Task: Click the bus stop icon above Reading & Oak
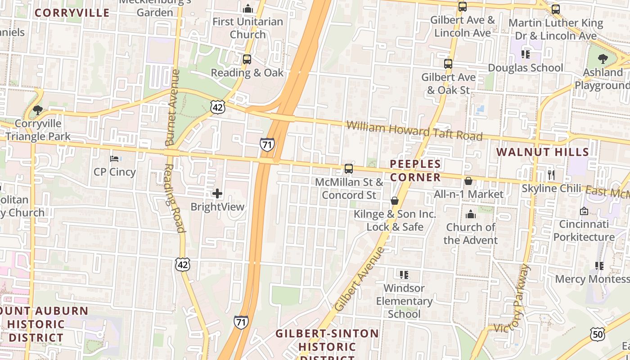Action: (247, 59)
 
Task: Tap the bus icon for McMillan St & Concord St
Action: (349, 169)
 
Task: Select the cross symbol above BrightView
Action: (217, 194)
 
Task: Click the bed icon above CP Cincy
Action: (114, 159)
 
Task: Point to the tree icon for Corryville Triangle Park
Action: (38, 110)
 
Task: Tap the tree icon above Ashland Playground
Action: (603, 59)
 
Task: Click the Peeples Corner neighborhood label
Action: (415, 171)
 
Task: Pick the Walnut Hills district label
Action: (542, 152)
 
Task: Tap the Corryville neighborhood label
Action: (72, 13)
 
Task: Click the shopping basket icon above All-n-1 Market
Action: (468, 181)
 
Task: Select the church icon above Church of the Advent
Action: (471, 214)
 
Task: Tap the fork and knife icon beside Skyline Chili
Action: (551, 175)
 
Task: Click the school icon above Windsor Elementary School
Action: (404, 274)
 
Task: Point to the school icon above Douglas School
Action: (525, 54)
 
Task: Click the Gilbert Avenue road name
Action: (360, 279)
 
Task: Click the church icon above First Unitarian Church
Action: (247, 9)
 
